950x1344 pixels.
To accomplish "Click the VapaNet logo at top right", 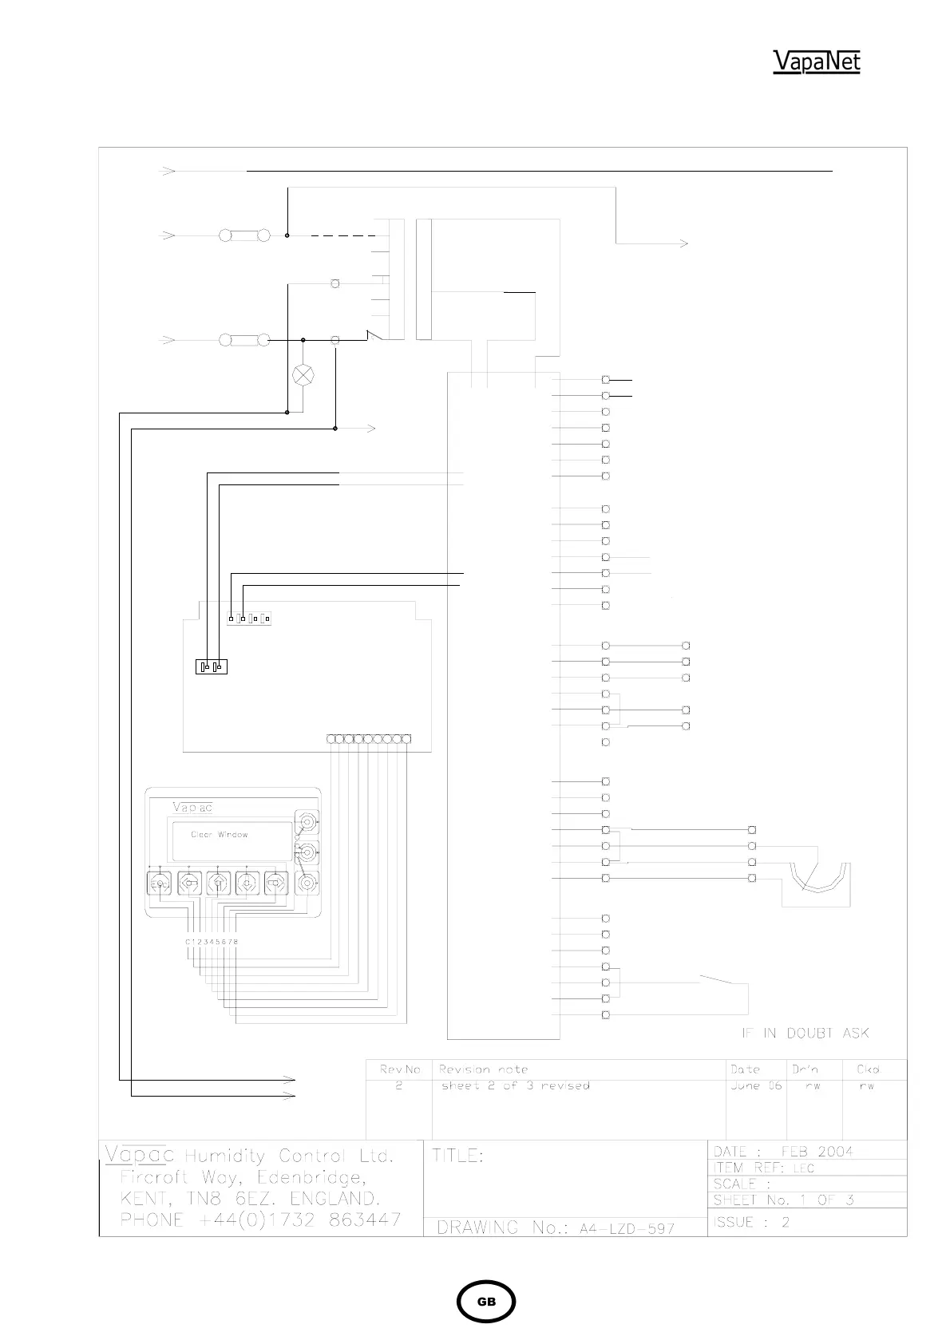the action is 816,61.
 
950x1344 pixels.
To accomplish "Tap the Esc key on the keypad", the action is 160,883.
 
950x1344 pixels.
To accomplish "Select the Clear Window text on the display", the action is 219,835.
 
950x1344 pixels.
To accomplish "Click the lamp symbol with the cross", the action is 303,375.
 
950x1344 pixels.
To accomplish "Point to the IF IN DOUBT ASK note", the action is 805,1033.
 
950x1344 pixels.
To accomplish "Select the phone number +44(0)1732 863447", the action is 260,1220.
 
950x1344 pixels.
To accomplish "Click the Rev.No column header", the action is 400,1069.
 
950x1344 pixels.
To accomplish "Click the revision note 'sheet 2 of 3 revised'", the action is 516,1085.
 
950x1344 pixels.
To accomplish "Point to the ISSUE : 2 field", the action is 752,1222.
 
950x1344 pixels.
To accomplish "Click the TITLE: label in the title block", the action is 458,1156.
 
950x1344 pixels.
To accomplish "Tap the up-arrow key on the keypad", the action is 218,883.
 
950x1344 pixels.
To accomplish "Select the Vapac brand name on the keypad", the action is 192,807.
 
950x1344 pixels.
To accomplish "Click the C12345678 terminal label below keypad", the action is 212,942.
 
